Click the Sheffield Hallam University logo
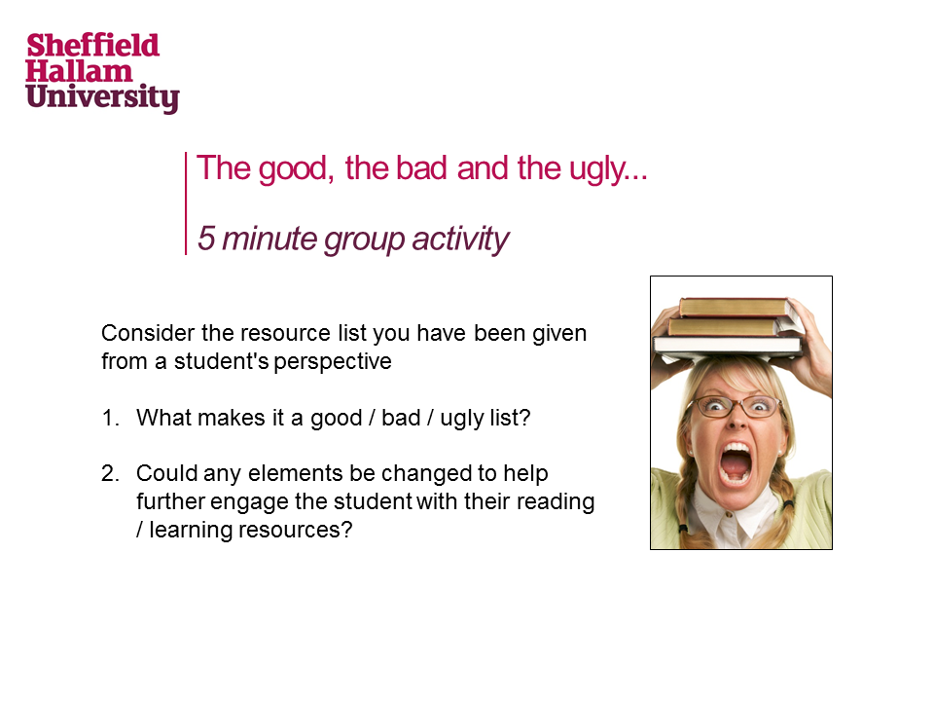pos(102,72)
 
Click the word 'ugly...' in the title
pos(608,169)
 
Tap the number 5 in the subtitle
pos(206,239)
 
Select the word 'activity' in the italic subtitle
pos(460,240)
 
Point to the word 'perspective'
pos(333,362)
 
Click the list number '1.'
pos(110,418)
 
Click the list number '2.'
pos(110,473)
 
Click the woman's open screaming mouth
pos(736,462)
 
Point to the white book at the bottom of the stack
pos(728,346)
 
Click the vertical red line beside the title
pos(186,203)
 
